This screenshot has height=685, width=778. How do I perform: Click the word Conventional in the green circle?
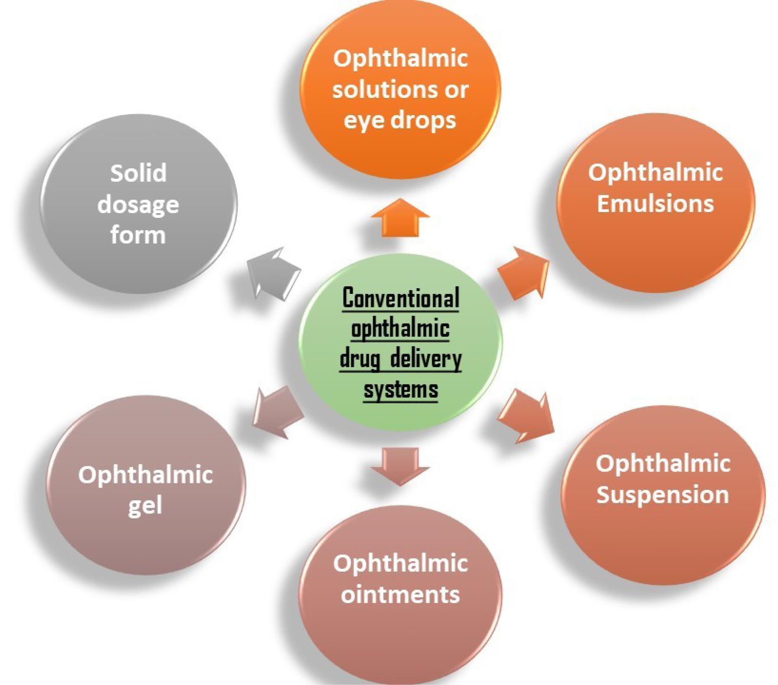[x=401, y=298]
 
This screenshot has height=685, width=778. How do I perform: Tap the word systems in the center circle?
[x=401, y=389]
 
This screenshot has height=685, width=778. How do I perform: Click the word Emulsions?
[x=655, y=203]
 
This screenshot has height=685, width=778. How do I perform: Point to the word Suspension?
[x=662, y=494]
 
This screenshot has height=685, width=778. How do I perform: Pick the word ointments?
[x=400, y=594]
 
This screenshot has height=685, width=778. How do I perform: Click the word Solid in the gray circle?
[x=138, y=173]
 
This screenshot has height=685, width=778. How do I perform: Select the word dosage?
[x=138, y=204]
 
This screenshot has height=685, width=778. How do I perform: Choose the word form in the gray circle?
[x=138, y=235]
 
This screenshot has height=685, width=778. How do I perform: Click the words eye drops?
[x=400, y=120]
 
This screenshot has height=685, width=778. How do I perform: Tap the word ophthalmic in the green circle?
[x=401, y=329]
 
